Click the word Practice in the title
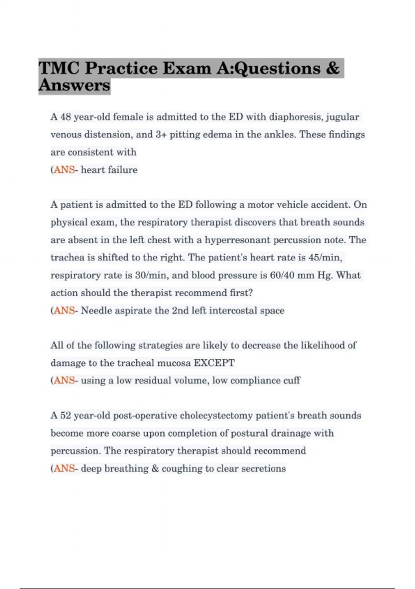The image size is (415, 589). coord(122,68)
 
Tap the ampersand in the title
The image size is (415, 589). coord(332,68)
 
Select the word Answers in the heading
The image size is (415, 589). coord(74,85)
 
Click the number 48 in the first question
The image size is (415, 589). coord(66,117)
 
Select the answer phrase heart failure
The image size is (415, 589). coord(109,170)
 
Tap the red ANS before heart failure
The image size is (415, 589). coord(64,170)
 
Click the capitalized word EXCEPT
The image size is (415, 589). coord(214,363)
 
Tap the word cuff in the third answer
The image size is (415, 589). coord(292,380)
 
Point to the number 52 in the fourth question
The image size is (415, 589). coord(66,415)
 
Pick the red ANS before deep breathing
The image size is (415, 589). coord(64,468)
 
